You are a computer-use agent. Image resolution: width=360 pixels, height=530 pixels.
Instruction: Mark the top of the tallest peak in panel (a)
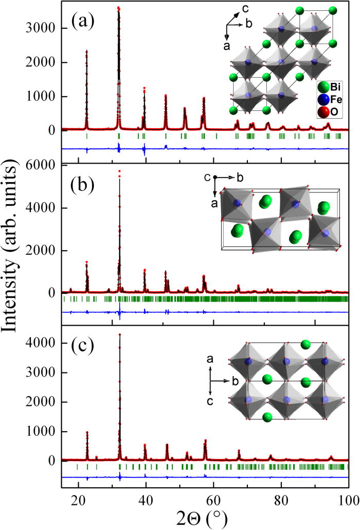click(x=119, y=8)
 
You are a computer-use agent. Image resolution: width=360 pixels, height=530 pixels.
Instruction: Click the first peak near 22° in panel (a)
click(x=86, y=51)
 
